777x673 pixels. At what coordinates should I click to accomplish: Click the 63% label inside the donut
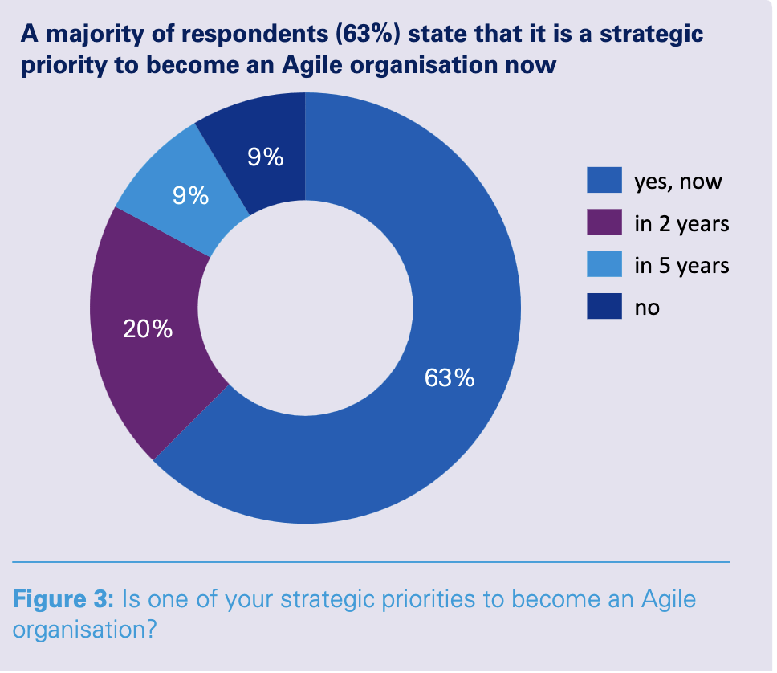(450, 377)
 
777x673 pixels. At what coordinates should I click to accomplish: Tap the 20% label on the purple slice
(147, 328)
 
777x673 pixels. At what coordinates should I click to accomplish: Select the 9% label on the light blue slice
(191, 195)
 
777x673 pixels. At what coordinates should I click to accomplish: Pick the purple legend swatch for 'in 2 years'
(604, 223)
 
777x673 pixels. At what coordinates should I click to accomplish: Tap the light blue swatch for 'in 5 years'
(604, 265)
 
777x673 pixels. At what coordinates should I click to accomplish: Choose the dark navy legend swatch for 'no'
(604, 307)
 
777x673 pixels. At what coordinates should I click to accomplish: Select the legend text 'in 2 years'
(681, 224)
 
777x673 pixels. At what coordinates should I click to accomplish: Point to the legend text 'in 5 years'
(681, 266)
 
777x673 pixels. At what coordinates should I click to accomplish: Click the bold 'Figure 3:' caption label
(63, 599)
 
